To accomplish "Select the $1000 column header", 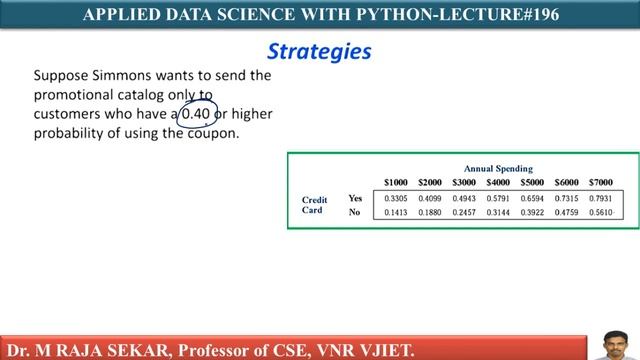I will (396, 182).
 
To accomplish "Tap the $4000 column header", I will (498, 182).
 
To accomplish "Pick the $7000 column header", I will (600, 182).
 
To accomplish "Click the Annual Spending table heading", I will (498, 169).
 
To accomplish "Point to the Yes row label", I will (355, 198).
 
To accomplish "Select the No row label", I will (354, 212).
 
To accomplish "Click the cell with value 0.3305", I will (396, 198).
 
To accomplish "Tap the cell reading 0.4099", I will (430, 198).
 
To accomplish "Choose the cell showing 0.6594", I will (532, 198).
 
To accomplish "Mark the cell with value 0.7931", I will (600, 198).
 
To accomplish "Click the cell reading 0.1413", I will (396, 212).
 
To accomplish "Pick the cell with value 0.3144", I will (498, 212).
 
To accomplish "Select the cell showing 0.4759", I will (566, 212).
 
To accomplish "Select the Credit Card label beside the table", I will (315, 205).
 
